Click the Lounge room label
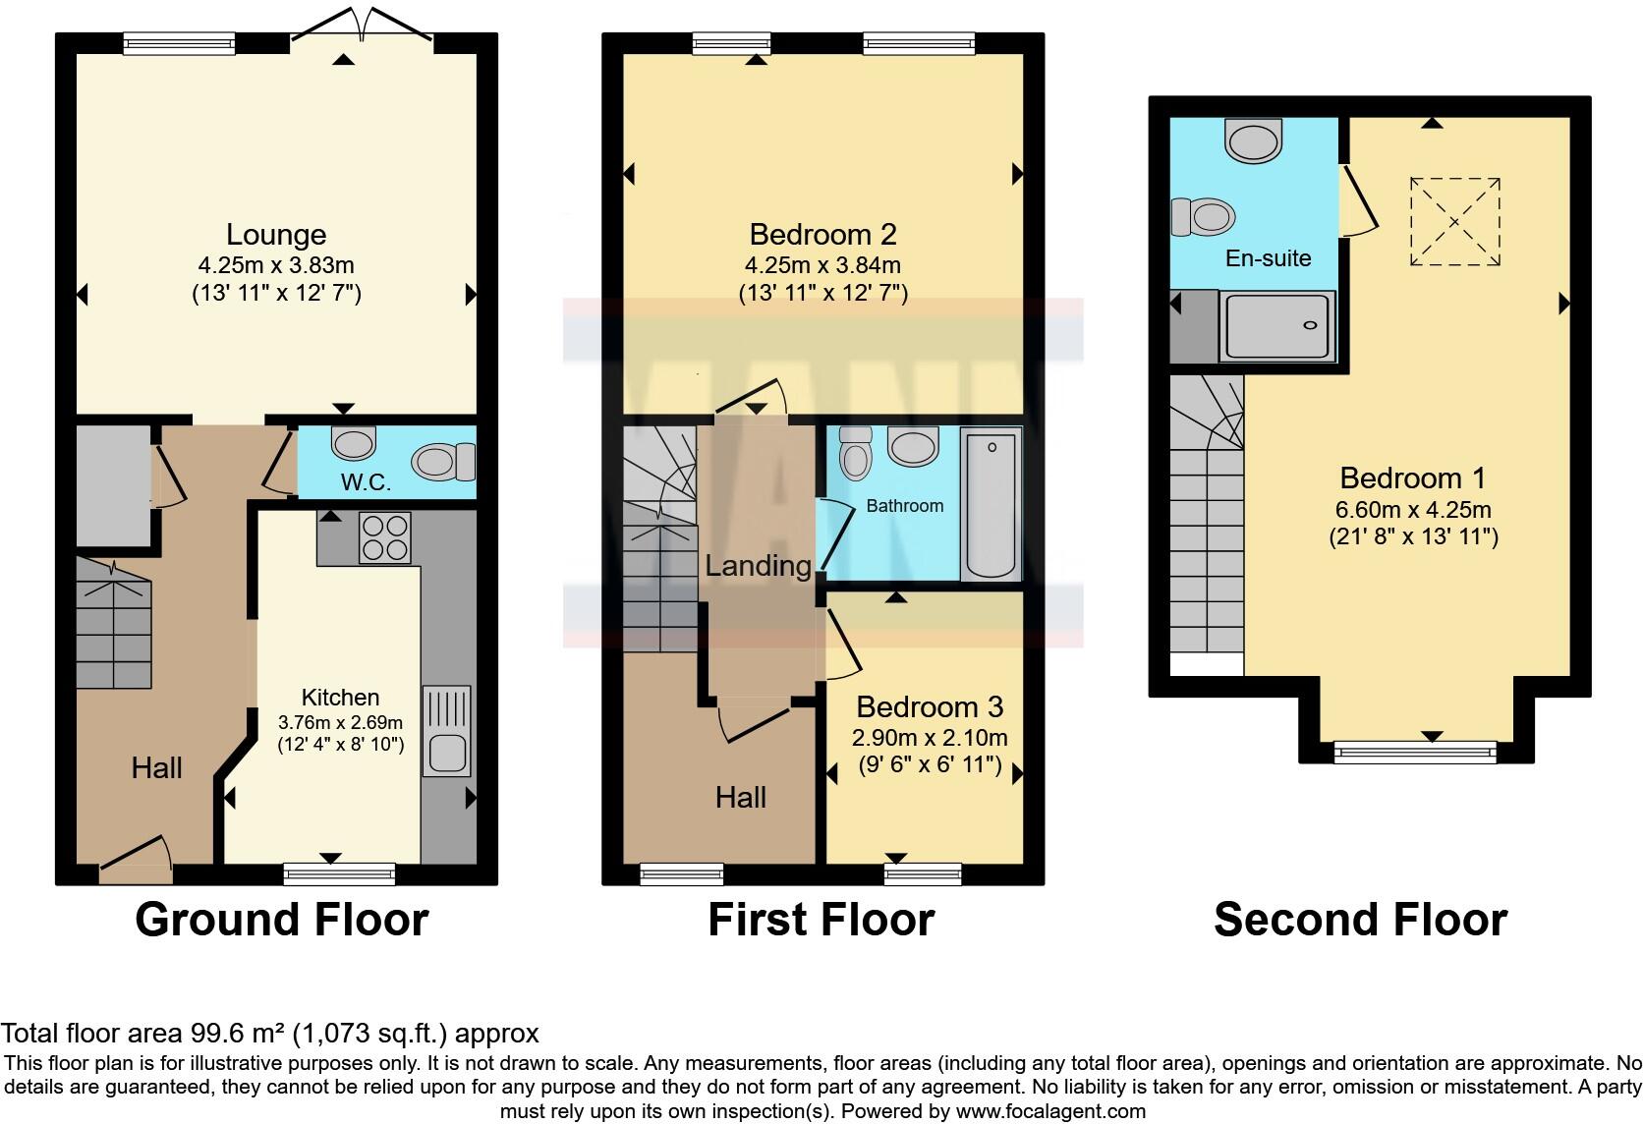tap(276, 235)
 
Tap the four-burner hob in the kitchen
tap(385, 537)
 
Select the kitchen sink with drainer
tap(447, 731)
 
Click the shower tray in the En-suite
tap(1277, 326)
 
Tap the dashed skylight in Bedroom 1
tap(1455, 221)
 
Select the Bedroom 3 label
tap(930, 706)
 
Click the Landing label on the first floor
tap(759, 565)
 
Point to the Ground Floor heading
tap(282, 920)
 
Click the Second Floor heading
tap(1361, 920)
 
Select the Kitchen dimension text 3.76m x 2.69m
tap(340, 722)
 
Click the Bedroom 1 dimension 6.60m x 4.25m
tap(1413, 509)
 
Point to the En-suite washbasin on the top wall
tap(1254, 140)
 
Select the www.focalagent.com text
tap(1050, 1111)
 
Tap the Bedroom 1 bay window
tap(1415, 753)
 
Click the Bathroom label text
tap(904, 505)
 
